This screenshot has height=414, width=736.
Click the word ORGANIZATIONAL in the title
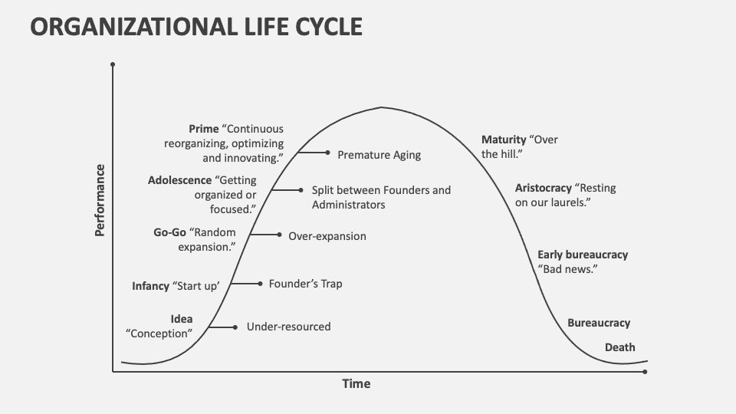pyautogui.click(x=133, y=27)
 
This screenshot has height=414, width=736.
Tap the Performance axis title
pyautogui.click(x=100, y=200)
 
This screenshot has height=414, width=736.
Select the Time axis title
pyautogui.click(x=356, y=384)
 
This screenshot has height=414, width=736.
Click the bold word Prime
pyautogui.click(x=204, y=129)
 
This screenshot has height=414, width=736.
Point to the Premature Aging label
pyautogui.click(x=379, y=155)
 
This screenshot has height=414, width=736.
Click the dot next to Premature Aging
pyautogui.click(x=327, y=153)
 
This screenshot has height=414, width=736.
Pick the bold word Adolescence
pyautogui.click(x=179, y=180)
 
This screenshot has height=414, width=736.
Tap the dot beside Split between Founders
pyautogui.click(x=301, y=190)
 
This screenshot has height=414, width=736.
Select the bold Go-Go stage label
pyautogui.click(x=170, y=232)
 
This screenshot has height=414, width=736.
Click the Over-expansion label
pyautogui.click(x=327, y=236)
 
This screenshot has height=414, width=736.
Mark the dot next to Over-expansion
pyautogui.click(x=279, y=235)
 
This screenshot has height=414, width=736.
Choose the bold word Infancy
pyautogui.click(x=151, y=286)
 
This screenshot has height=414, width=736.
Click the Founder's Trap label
pyautogui.click(x=306, y=284)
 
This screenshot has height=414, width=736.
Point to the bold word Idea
pyautogui.click(x=182, y=319)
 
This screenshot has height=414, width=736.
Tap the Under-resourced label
pyautogui.click(x=289, y=327)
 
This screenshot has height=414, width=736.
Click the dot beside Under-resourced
pyautogui.click(x=235, y=327)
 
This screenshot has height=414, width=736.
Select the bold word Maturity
pyautogui.click(x=504, y=140)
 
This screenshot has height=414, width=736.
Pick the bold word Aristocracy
pyautogui.click(x=543, y=188)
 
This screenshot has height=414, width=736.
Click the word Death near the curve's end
pyautogui.click(x=619, y=347)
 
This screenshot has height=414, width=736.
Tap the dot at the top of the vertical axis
pyautogui.click(x=113, y=64)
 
